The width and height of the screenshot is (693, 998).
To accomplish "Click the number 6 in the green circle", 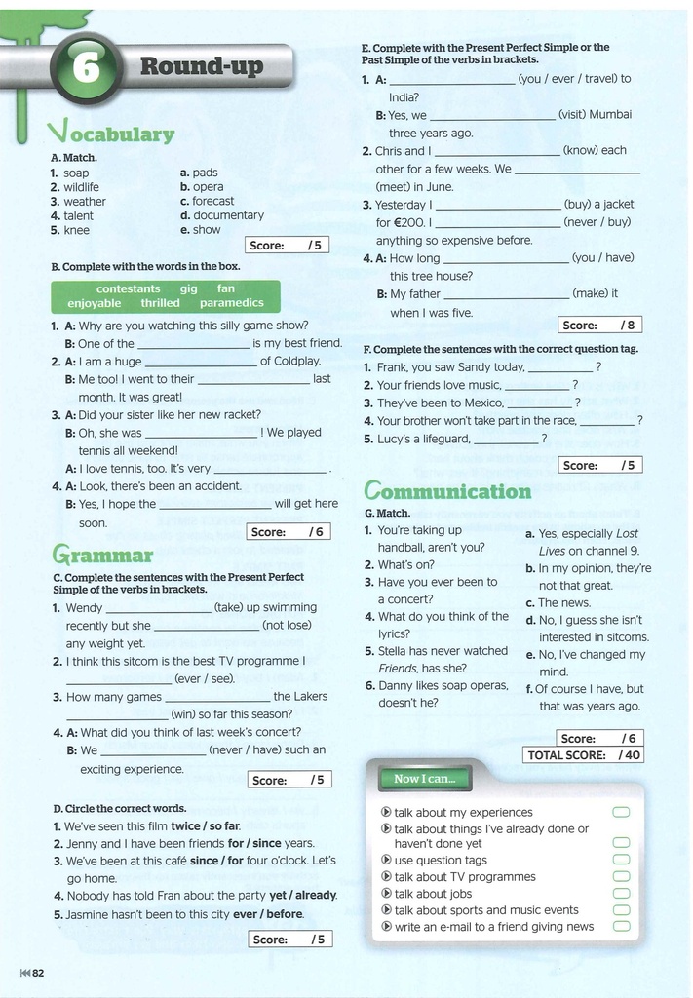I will pyautogui.click(x=87, y=68).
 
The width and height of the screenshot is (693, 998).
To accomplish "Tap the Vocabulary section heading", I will pyautogui.click(x=111, y=134).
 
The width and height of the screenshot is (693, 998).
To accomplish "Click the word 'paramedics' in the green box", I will pyautogui.click(x=232, y=303).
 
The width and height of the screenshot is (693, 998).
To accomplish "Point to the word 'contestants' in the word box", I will pyautogui.click(x=129, y=288).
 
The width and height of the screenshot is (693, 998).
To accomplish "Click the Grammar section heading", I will pyautogui.click(x=103, y=556).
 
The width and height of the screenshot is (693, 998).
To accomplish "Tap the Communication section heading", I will pyautogui.click(x=447, y=490).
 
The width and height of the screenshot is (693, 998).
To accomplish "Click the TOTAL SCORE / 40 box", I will pyautogui.click(x=584, y=754).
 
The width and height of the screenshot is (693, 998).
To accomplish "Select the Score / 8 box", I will pyautogui.click(x=599, y=325).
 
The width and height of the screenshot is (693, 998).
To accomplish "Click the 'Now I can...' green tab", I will pyautogui.click(x=418, y=779).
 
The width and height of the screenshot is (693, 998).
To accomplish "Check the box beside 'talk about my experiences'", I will pyautogui.click(x=621, y=812).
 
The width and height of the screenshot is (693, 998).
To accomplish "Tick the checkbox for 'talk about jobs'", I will pyautogui.click(x=621, y=894).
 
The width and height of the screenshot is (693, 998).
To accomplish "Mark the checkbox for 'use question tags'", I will pyautogui.click(x=621, y=861).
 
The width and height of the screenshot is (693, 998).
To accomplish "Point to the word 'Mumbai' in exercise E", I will pyautogui.click(x=610, y=114).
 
